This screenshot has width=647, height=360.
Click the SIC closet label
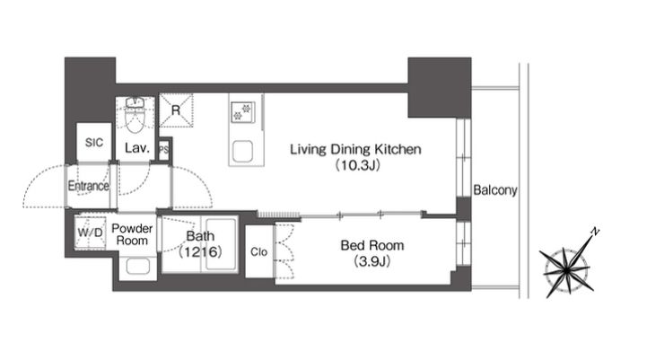click(94, 143)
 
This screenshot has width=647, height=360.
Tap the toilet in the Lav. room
click(134, 115)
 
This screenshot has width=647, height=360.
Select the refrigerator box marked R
click(176, 110)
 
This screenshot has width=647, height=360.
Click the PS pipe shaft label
click(164, 149)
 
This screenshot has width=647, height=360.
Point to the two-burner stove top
click(242, 111)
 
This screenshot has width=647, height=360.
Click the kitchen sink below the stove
click(242, 152)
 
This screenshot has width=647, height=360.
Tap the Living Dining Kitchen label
click(355, 149)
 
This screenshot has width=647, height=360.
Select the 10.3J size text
click(357, 165)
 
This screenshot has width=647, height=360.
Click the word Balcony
click(495, 190)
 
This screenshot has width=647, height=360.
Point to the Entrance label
click(88, 186)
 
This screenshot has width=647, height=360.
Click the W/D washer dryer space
click(91, 233)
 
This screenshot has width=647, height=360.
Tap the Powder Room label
click(132, 234)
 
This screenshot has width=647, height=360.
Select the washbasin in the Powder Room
click(138, 267)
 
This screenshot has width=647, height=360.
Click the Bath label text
click(200, 236)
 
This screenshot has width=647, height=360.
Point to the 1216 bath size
click(200, 251)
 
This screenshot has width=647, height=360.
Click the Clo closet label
click(258, 252)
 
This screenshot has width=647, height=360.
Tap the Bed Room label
click(372, 246)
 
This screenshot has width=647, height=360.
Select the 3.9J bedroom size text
click(372, 261)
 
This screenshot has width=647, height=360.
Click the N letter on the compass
click(595, 232)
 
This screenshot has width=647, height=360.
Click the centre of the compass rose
click(566, 271)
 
